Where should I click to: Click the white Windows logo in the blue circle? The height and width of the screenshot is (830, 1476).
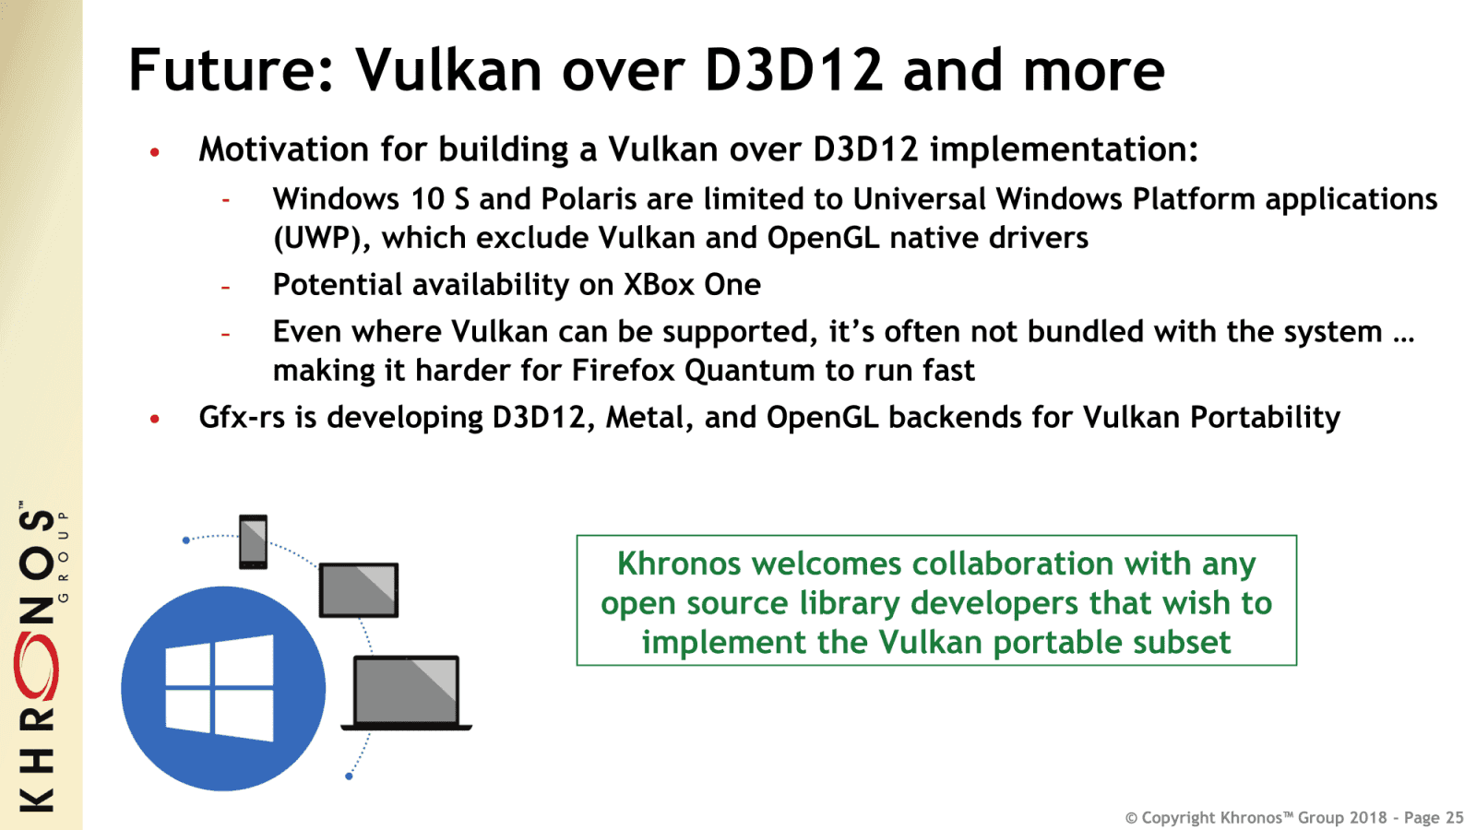pyautogui.click(x=220, y=688)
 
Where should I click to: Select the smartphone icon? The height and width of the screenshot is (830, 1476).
pyautogui.click(x=253, y=541)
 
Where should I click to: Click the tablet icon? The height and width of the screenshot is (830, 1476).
pyautogui.click(x=359, y=590)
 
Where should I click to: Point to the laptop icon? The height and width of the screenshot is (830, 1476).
pyautogui.click(x=406, y=694)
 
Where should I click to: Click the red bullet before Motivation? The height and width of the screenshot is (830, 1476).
pyautogui.click(x=155, y=152)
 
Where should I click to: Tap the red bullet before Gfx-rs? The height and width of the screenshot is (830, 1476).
pyautogui.click(x=155, y=420)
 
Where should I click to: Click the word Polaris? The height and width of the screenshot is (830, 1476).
pyautogui.click(x=589, y=199)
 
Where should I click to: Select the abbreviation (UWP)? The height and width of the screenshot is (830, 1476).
pyautogui.click(x=322, y=239)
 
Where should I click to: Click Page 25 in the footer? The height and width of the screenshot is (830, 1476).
pyautogui.click(x=1434, y=818)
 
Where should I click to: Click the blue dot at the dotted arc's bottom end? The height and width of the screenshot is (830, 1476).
pyautogui.click(x=349, y=777)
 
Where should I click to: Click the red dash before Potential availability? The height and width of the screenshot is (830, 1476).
pyautogui.click(x=226, y=288)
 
